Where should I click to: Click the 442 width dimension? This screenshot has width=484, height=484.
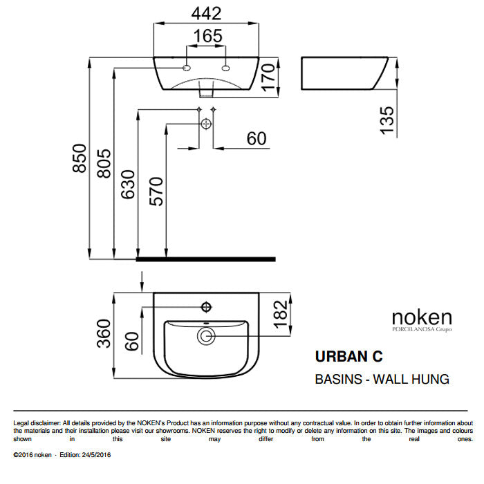pyautogui.click(x=206, y=13)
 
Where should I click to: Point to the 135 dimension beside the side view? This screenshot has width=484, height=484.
pyautogui.click(x=388, y=119)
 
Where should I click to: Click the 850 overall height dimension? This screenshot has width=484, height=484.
pyautogui.click(x=80, y=158)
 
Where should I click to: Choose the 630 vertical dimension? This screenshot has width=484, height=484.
pyautogui.click(x=129, y=185)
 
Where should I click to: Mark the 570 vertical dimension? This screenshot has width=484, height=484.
pyautogui.click(x=158, y=192)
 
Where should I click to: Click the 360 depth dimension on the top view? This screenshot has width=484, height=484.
pyautogui.click(x=104, y=335)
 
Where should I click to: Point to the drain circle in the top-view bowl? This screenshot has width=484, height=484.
pyautogui.click(x=206, y=337)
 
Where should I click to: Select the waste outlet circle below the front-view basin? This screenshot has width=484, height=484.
pyautogui.click(x=206, y=124)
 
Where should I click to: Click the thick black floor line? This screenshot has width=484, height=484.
pyautogui.click(x=206, y=259)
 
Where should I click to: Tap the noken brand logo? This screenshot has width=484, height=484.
pyautogui.click(x=422, y=318)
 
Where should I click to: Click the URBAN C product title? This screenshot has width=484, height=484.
pyautogui.click(x=348, y=357)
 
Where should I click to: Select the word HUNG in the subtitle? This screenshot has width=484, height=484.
pyautogui.click(x=428, y=379)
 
